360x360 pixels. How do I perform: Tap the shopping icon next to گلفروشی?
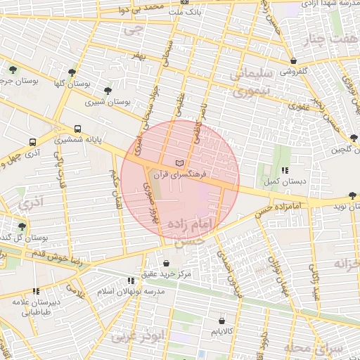click(x=292, y=60)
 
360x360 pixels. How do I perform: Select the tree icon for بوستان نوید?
click(x=352, y=195)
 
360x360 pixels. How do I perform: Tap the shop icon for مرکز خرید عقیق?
click(x=166, y=264)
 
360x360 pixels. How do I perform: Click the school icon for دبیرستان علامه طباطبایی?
click(x=35, y=291)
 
